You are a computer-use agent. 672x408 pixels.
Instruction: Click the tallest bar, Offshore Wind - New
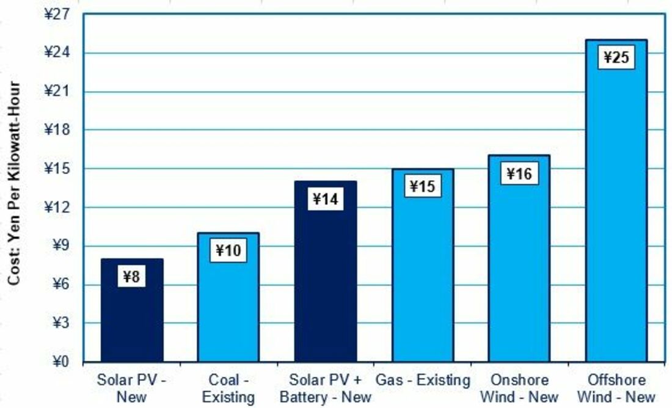point(616,214)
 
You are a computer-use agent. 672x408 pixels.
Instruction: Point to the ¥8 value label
point(132,277)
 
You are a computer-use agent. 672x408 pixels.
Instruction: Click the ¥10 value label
point(228,250)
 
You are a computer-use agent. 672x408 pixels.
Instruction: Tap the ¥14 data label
point(326,199)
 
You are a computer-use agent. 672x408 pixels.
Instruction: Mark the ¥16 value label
point(519,173)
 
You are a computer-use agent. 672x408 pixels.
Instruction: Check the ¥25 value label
point(616,57)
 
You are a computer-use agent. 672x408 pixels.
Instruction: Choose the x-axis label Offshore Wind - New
point(616,388)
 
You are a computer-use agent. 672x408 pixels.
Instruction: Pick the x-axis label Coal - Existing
point(228,388)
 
